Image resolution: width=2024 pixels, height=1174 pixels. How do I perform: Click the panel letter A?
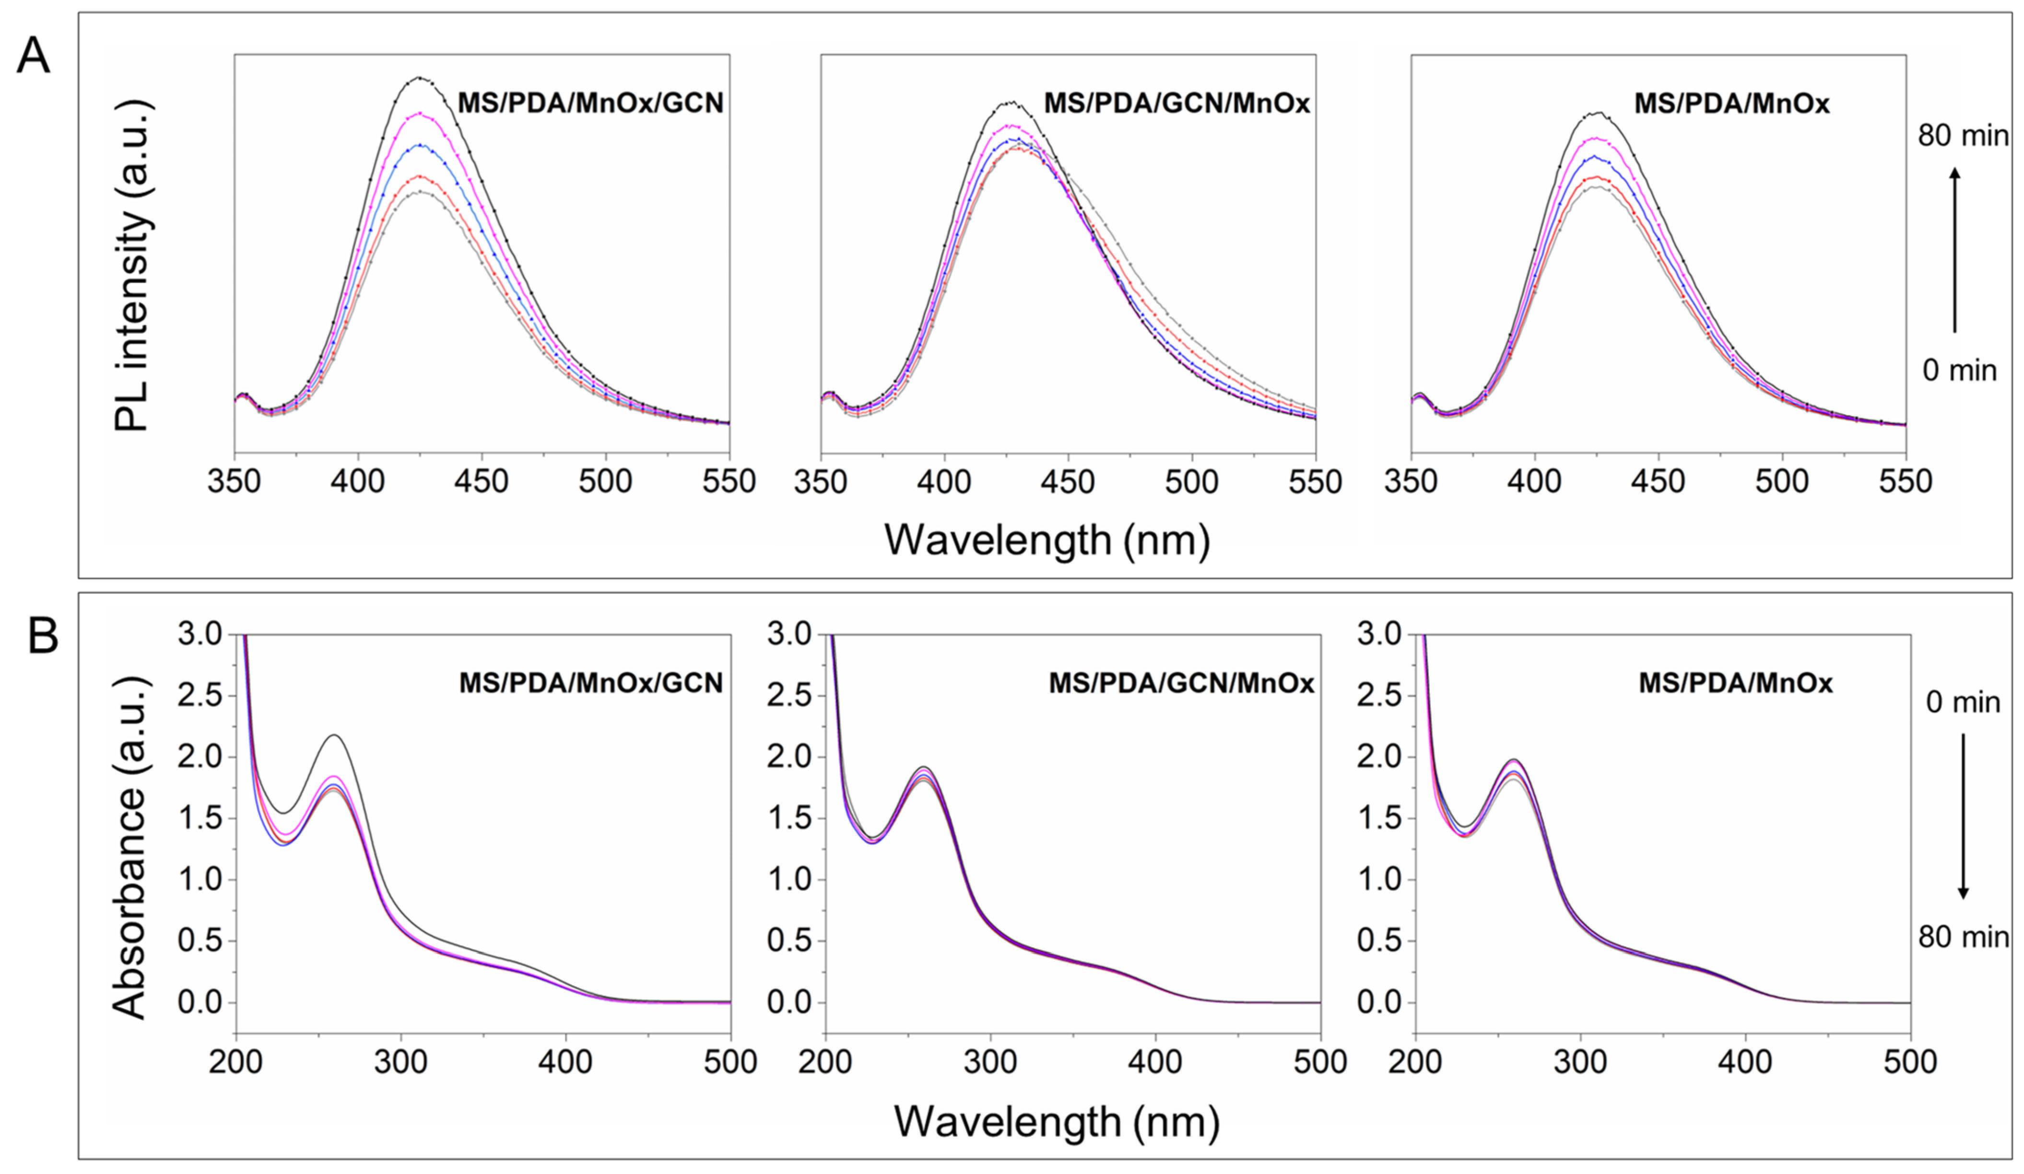click(x=33, y=58)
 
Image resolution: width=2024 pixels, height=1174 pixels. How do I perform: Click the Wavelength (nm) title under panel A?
click(x=1047, y=540)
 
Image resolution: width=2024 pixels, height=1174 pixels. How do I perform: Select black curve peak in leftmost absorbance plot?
click(x=335, y=735)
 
